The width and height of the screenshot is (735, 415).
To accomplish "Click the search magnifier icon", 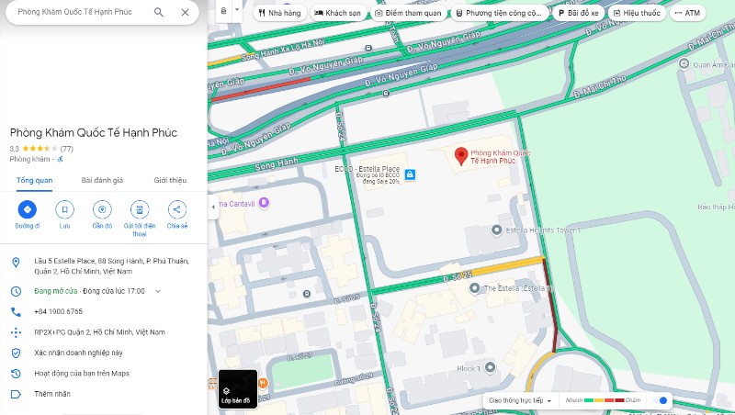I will click(159, 13).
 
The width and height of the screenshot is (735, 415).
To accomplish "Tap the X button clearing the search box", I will click(185, 13).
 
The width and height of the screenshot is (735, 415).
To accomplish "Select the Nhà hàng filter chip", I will click(278, 14).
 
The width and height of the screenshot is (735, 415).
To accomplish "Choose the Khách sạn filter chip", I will click(337, 14).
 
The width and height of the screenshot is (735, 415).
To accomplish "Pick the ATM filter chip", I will click(687, 14).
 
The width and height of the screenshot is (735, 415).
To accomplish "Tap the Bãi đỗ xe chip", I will click(579, 14).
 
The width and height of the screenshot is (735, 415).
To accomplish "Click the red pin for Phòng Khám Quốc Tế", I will click(461, 155).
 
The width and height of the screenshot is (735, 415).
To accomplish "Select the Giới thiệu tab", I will click(170, 180).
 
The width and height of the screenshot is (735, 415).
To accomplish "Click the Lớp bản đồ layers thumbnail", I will click(237, 388).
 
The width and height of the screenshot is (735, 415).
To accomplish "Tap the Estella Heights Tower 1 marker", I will click(497, 230).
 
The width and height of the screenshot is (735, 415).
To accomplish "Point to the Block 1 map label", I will click(469, 368).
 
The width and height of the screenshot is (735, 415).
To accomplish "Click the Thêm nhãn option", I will click(51, 394).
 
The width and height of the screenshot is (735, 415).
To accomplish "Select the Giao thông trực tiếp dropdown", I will click(521, 400).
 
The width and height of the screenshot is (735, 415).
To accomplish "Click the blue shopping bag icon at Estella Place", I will click(410, 174).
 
